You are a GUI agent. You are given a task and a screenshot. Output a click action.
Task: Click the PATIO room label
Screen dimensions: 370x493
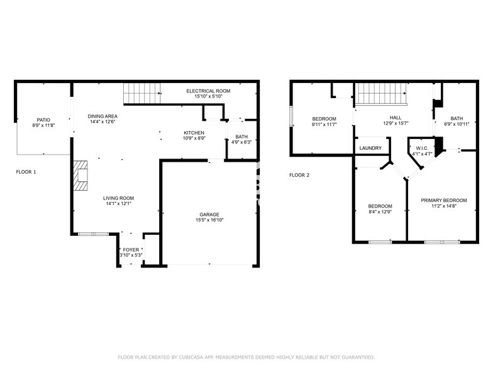click(43, 120)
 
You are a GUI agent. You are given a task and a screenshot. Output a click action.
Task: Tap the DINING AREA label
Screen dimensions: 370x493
click(102, 116)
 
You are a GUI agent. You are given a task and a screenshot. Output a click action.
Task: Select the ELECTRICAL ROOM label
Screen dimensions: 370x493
click(208, 91)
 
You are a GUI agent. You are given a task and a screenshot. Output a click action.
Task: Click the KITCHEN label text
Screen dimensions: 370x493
click(194, 133)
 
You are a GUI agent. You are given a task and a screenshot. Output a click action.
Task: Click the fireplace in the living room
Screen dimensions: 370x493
click(80, 175)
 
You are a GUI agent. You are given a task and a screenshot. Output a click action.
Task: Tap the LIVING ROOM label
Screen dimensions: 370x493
click(119, 198)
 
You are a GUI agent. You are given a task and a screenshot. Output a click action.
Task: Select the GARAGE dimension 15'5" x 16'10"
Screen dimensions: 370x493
click(209, 220)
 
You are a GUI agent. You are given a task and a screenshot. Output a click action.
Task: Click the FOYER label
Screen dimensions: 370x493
click(131, 250)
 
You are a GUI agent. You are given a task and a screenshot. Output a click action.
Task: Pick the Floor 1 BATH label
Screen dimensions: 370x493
click(241, 137)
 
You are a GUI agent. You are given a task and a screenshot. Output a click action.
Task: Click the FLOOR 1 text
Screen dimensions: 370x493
click(26, 172)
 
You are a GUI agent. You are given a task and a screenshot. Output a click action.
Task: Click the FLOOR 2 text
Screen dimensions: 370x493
click(299, 175)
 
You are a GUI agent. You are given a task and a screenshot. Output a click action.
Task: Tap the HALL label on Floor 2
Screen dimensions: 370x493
click(396, 118)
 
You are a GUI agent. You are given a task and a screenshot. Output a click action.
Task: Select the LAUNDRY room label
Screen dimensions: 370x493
click(370, 149)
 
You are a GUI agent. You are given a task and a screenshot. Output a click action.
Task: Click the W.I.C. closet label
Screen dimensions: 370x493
click(421, 148)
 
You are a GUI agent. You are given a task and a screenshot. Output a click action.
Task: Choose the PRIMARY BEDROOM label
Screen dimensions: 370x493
click(443, 200)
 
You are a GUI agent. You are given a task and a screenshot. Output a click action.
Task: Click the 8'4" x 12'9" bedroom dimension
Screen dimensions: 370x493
click(380, 212)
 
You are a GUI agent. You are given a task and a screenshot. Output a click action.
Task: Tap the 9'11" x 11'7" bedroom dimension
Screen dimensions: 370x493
click(324, 125)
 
